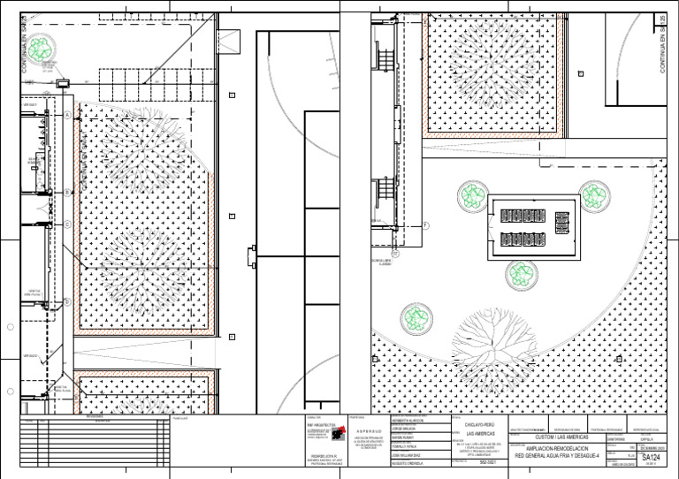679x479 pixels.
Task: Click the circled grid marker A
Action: (67, 116)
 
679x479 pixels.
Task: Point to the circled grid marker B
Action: (67, 192)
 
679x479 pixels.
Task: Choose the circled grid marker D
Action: (67, 301)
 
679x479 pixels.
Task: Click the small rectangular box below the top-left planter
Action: (64, 83)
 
